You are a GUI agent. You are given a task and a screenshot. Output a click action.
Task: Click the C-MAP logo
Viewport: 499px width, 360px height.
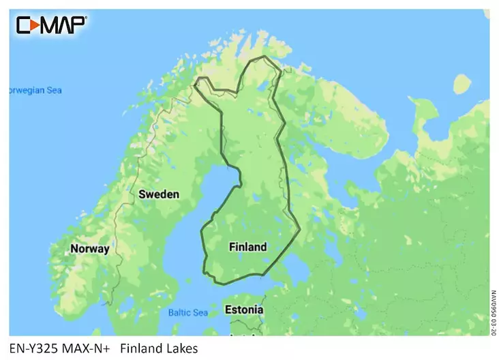(x=51, y=25)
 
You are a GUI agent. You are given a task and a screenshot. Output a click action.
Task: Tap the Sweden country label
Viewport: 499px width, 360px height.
(x=159, y=194)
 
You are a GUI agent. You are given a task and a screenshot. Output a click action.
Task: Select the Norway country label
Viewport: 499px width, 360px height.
(x=89, y=249)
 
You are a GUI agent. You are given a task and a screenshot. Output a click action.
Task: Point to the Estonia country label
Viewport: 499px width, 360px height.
(x=243, y=310)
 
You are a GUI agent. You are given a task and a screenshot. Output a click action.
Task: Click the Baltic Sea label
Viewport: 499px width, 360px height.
(x=187, y=313)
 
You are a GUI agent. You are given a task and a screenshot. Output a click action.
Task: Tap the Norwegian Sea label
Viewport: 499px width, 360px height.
(x=34, y=90)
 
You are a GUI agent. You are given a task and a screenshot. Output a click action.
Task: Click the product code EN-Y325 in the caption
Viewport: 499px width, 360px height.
(x=35, y=348)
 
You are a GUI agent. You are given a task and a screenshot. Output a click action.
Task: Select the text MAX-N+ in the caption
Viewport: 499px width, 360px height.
(x=88, y=348)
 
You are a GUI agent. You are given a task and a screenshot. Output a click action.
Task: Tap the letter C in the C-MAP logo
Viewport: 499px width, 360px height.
(x=26, y=25)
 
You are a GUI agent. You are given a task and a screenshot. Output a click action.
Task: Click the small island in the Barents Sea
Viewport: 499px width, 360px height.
(x=463, y=84)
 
